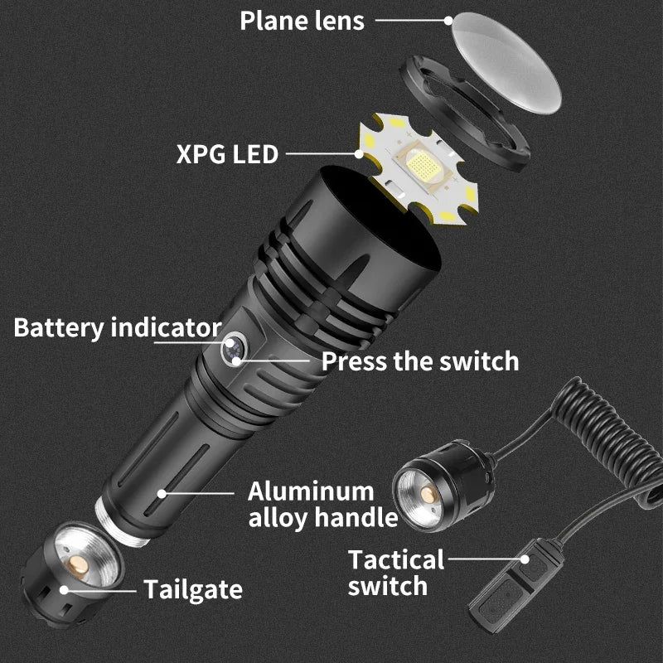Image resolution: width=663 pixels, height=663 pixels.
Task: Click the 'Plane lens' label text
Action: [302, 21]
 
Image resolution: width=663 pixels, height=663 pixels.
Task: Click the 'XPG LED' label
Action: [227, 154]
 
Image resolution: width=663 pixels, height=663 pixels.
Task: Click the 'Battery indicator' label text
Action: [117, 327]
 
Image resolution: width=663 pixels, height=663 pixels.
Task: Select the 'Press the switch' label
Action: [419, 361]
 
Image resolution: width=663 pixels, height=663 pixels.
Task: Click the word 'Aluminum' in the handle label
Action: [311, 491]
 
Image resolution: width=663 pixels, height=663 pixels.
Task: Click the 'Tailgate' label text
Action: [193, 589]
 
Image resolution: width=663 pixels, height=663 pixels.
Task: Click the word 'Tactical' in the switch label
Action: [396, 559]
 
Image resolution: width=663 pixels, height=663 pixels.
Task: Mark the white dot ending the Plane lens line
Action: [449, 21]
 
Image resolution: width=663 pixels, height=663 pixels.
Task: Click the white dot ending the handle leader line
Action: [162, 492]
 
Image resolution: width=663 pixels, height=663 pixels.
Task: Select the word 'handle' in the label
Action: [359, 519]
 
